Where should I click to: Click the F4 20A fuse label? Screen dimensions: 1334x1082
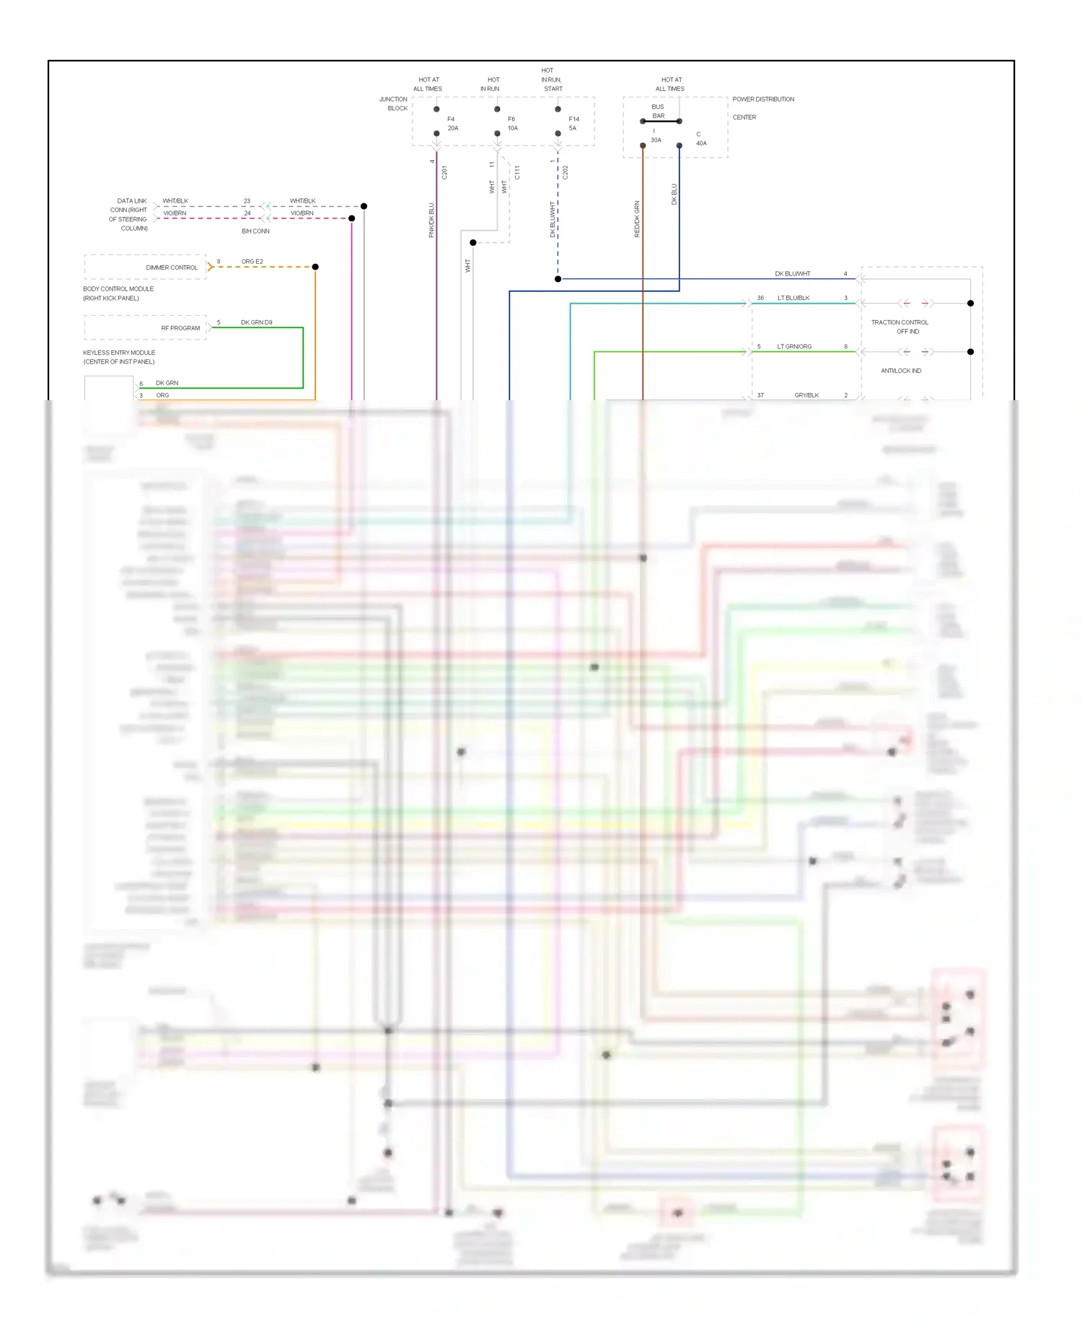452,123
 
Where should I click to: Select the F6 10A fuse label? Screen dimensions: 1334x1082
512,123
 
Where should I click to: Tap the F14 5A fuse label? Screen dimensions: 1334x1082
573,123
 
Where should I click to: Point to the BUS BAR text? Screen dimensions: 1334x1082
658,111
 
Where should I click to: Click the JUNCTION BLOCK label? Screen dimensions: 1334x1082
394,104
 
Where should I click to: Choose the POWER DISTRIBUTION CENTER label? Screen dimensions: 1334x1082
762,107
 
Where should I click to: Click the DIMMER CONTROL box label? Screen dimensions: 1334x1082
172,268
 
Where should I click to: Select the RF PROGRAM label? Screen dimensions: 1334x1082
180,328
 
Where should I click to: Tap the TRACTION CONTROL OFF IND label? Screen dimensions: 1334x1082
900,327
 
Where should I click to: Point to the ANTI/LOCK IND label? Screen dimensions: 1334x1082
901,371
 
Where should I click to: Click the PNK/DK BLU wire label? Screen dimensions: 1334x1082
431,220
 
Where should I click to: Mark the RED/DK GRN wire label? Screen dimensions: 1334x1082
637,218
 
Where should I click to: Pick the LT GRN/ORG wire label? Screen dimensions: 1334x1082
794,347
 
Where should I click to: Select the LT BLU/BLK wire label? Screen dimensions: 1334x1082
793,298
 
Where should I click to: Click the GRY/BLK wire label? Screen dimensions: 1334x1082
806,395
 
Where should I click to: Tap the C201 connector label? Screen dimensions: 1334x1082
444,172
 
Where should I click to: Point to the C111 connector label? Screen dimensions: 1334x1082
516,172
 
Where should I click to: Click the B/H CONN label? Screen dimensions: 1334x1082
255,231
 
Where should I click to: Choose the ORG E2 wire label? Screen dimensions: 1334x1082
252,262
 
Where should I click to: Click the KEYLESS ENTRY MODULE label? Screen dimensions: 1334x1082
119,357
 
